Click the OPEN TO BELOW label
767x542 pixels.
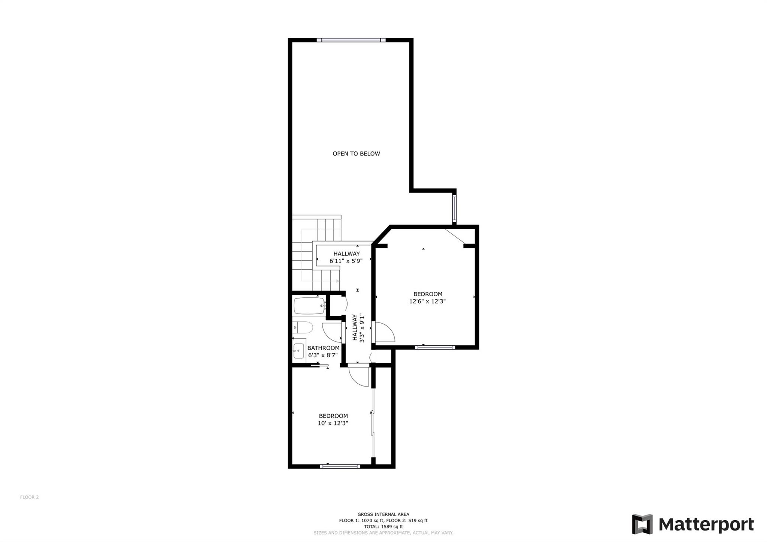pyautogui.click(x=356, y=154)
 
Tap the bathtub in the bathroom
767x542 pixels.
pyautogui.click(x=309, y=306)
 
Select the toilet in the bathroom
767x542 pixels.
pyautogui.click(x=303, y=327)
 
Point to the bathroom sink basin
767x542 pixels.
pyautogui.click(x=298, y=351)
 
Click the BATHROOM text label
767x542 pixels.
pyautogui.click(x=323, y=348)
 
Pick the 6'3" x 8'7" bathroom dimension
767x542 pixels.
pyautogui.click(x=323, y=355)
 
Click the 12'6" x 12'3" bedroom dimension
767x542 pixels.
pyautogui.click(x=427, y=301)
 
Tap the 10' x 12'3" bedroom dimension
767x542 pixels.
pyautogui.click(x=333, y=423)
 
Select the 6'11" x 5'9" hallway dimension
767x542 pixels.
pyautogui.click(x=346, y=261)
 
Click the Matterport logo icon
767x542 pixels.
pyautogui.click(x=642, y=524)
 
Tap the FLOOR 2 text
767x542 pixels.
pyautogui.click(x=29, y=497)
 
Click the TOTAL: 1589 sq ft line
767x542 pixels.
pyautogui.click(x=383, y=526)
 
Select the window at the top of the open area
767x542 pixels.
pyautogui.click(x=351, y=40)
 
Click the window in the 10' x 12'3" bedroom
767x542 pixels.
pyautogui.click(x=340, y=466)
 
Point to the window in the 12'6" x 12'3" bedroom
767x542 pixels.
pyautogui.click(x=435, y=347)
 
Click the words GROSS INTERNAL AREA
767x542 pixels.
pyautogui.click(x=383, y=514)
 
